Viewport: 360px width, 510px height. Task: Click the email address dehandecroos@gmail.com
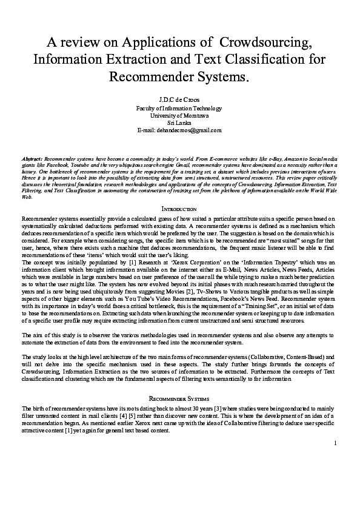coord(195,130)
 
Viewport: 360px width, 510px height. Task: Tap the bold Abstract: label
coord(32,156)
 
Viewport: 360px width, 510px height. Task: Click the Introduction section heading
coord(179,209)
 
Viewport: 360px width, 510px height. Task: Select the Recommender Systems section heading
coord(179,399)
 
